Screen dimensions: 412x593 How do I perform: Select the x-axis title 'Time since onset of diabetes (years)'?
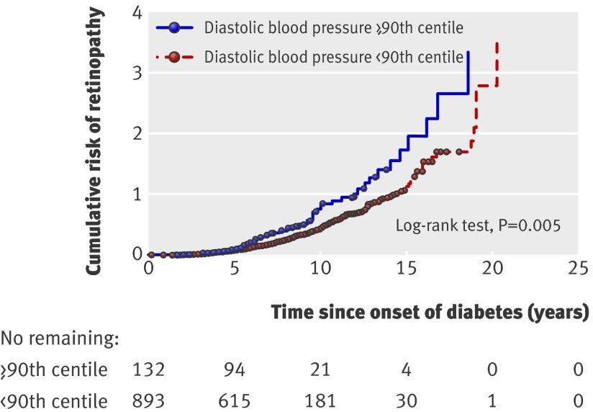(430, 313)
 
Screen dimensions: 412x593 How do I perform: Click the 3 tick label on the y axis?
(137, 73)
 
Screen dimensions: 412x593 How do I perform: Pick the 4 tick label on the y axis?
(137, 14)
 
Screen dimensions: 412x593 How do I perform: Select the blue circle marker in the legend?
(174, 28)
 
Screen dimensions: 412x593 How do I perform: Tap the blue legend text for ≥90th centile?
(333, 28)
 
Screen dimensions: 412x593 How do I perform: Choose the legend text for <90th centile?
(333, 57)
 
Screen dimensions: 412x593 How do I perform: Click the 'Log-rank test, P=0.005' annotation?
(477, 224)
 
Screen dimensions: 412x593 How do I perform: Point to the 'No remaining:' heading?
(59, 337)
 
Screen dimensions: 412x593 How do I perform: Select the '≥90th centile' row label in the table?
(55, 370)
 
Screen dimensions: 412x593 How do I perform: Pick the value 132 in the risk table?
(149, 370)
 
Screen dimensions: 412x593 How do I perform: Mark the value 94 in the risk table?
(234, 370)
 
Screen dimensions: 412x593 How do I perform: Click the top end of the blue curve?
(468, 52)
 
